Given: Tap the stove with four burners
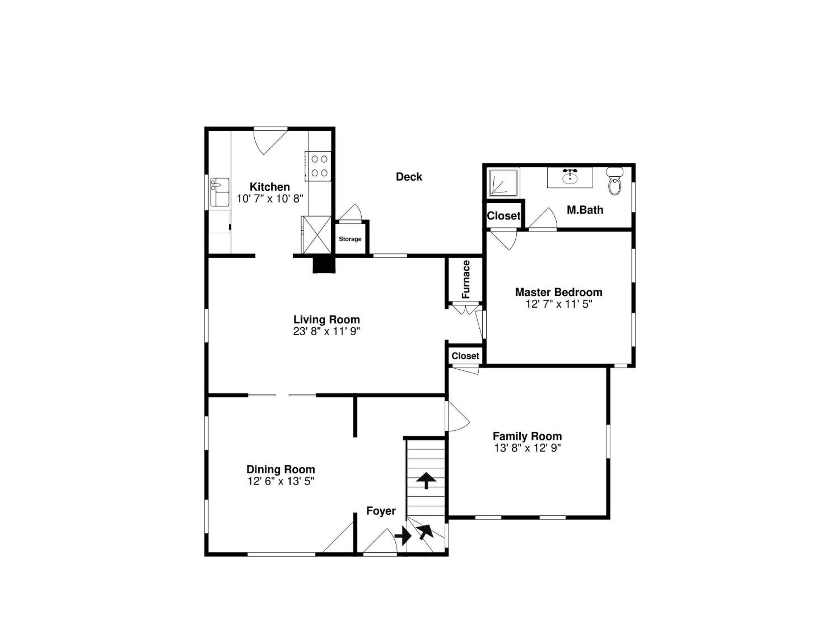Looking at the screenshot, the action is [x=318, y=166].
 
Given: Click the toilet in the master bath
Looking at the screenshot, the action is [x=614, y=181].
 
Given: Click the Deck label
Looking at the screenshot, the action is [x=409, y=177].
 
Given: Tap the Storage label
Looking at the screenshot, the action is [x=350, y=239].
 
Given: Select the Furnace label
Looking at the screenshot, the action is [x=466, y=279].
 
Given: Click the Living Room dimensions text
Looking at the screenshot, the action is [x=326, y=331].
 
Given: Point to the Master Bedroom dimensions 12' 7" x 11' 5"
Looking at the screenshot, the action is [x=559, y=304].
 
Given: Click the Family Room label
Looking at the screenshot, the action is [x=527, y=436].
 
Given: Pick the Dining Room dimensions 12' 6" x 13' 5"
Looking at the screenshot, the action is [x=281, y=481].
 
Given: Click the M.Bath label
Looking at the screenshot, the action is [x=585, y=210].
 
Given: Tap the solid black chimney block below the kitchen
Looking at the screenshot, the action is [x=324, y=265].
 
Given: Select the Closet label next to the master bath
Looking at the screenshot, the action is [x=504, y=215].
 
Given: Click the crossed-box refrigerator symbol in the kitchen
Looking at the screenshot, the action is [x=316, y=235].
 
